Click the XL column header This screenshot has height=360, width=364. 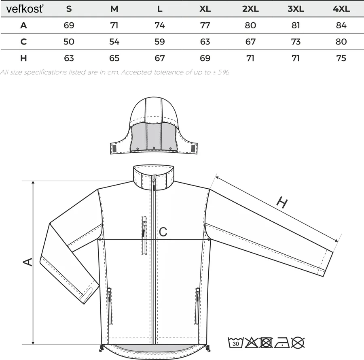(x=205, y=9)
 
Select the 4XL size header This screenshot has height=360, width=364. (x=341, y=9)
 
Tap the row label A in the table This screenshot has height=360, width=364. (x=23, y=25)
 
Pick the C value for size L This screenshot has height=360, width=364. (x=160, y=42)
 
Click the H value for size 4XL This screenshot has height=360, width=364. (x=341, y=58)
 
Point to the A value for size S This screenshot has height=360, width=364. (x=69, y=25)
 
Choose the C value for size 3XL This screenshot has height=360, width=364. (x=296, y=42)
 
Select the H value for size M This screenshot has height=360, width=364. (x=114, y=58)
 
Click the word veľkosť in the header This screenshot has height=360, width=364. (x=25, y=9)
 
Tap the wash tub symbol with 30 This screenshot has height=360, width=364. (x=235, y=343)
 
